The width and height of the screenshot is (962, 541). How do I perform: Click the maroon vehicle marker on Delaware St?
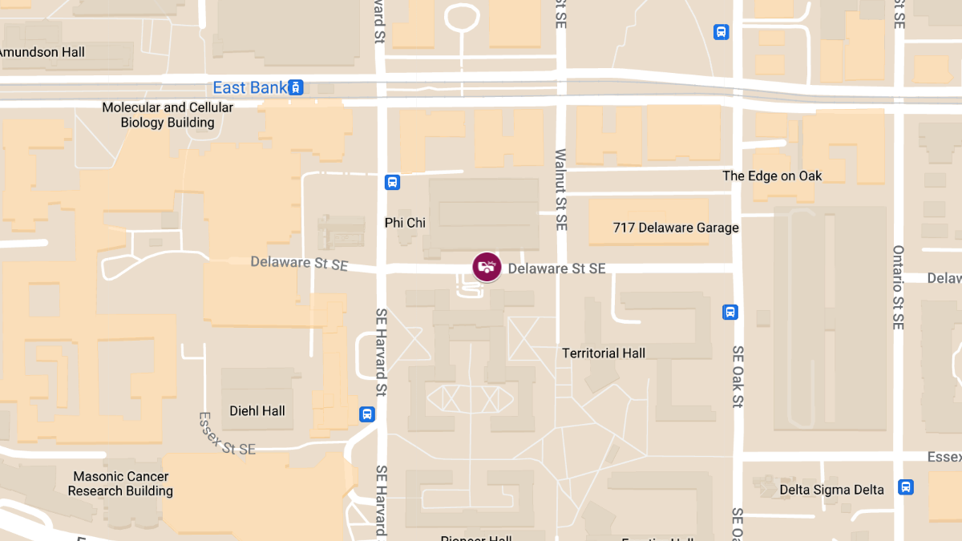[x=487, y=267]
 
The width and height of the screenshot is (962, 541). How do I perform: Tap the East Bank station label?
[x=249, y=87]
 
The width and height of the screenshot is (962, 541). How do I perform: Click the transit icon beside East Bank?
[x=297, y=87]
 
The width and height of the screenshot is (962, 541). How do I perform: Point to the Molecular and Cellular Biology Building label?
[x=168, y=115]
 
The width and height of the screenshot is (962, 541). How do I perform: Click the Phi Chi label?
[x=405, y=223]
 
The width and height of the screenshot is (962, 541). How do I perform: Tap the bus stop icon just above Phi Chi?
[x=392, y=182]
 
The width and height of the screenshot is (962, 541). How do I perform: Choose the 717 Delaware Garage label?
[x=676, y=228]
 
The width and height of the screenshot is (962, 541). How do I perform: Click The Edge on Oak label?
[x=772, y=176]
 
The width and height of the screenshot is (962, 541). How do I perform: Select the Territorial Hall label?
[x=604, y=353]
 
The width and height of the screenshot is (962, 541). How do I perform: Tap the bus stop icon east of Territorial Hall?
[x=730, y=312]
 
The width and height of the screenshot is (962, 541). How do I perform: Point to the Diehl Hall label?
[x=257, y=411]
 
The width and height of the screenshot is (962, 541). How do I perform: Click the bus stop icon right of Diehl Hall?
[x=366, y=414]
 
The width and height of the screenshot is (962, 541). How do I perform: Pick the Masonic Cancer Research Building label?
[x=120, y=483]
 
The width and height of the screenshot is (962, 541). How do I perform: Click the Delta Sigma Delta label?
[x=831, y=490]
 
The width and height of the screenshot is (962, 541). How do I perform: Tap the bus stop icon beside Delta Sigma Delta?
[x=906, y=486]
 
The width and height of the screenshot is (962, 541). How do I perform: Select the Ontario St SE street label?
[x=898, y=288]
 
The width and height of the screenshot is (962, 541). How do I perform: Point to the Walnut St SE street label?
[x=560, y=190]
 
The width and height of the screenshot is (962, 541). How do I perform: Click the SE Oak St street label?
[x=738, y=377]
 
